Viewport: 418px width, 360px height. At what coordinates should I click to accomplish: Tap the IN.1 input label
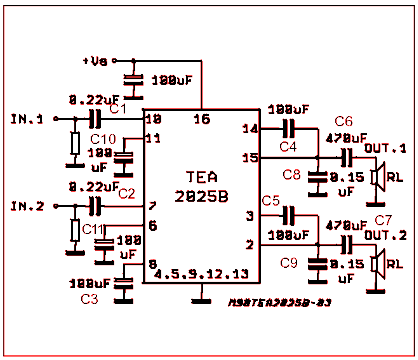click(x=27, y=119)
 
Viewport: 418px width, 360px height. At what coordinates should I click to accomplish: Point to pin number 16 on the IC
click(x=201, y=120)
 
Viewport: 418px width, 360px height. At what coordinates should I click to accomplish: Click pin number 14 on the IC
click(x=251, y=129)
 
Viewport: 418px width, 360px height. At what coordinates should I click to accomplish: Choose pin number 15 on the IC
click(x=251, y=157)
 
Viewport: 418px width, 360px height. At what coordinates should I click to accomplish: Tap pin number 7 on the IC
click(x=152, y=206)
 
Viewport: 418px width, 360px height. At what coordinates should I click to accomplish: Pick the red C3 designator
click(x=89, y=299)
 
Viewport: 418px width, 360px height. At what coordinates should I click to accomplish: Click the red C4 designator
click(x=288, y=147)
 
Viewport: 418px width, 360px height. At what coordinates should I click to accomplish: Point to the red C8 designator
click(x=291, y=175)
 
